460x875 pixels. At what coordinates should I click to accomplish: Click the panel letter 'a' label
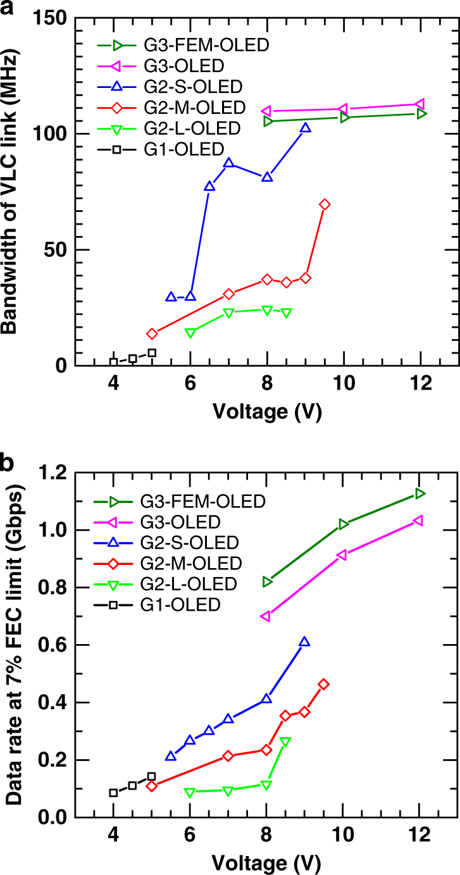tap(8, 9)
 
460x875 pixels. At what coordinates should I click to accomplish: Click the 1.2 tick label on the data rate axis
tap(54, 472)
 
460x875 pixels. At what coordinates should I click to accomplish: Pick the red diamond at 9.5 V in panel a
tap(325, 204)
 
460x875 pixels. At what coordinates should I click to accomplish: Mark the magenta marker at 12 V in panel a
tap(420, 104)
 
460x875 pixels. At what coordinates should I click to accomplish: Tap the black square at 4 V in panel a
tap(113, 363)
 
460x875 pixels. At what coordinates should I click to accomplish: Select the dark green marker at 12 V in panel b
tap(420, 493)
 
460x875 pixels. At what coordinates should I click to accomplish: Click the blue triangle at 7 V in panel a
tap(228, 163)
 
